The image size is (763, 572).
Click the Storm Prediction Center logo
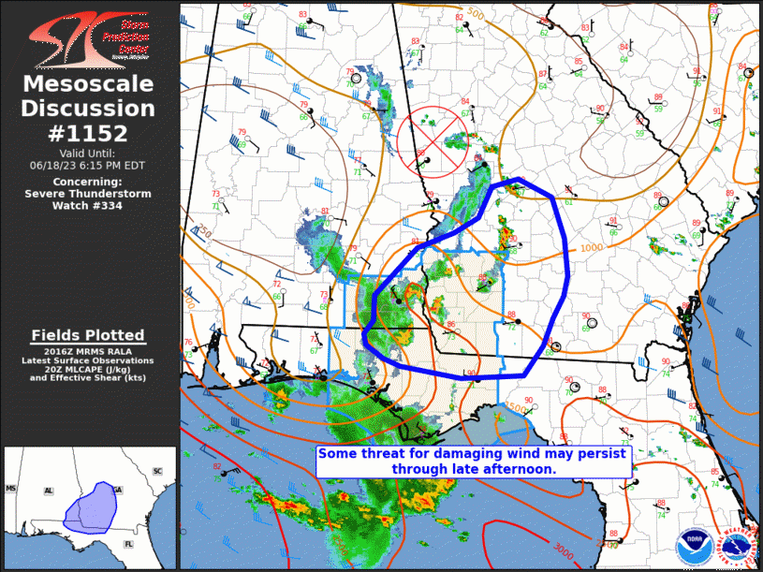(90, 38)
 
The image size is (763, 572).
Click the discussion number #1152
(90, 132)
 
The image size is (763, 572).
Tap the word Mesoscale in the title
(89, 85)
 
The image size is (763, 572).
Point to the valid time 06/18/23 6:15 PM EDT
(88, 164)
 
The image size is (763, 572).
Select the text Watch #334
(88, 205)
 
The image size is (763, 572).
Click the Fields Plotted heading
(88, 335)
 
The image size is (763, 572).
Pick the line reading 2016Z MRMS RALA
(88, 351)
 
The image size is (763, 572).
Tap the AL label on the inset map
(49, 491)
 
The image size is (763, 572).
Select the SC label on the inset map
(157, 470)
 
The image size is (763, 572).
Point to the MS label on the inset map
(11, 489)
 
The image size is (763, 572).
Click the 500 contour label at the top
(477, 14)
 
